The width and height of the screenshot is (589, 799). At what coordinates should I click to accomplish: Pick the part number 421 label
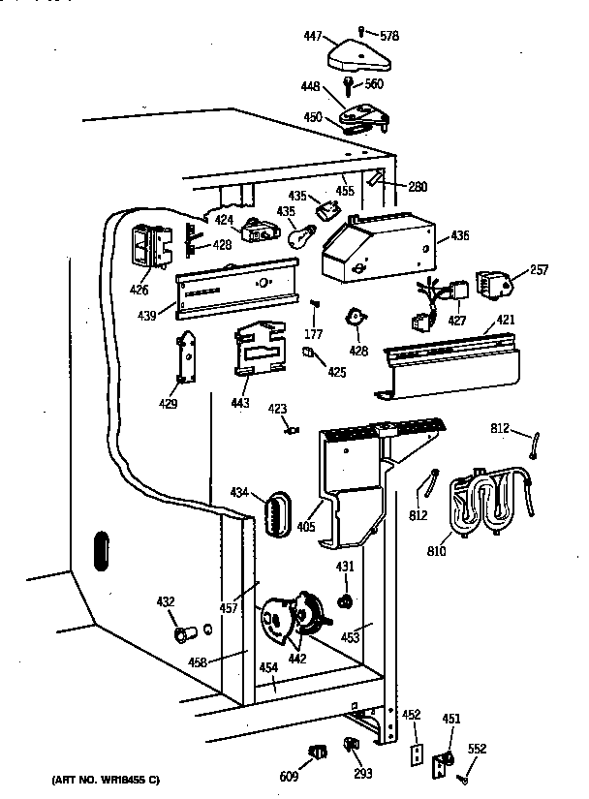click(x=507, y=321)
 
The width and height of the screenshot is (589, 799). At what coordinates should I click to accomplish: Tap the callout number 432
click(x=166, y=602)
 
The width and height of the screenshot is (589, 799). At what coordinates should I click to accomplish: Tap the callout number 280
click(x=418, y=187)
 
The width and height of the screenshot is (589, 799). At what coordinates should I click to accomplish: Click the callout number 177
click(x=314, y=335)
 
